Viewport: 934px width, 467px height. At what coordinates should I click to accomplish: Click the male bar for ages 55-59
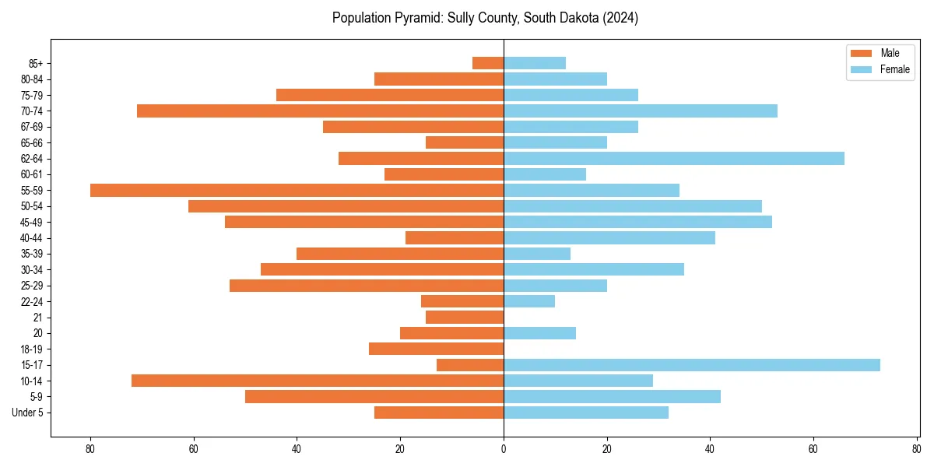point(297,190)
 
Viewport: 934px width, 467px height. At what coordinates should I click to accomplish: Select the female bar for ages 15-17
point(692,365)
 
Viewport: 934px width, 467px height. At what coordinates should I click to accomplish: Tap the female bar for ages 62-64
point(674,159)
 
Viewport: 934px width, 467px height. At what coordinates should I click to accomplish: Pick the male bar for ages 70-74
point(320,111)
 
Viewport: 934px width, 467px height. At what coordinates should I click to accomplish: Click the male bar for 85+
point(488,63)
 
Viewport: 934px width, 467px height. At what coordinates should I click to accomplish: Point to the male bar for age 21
point(465,317)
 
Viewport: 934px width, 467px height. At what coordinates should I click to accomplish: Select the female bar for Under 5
point(586,413)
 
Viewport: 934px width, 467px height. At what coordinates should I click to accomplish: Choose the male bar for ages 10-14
point(318,381)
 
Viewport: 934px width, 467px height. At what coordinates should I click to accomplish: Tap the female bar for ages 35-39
point(537,254)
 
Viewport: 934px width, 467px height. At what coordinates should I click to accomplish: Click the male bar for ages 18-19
point(436,349)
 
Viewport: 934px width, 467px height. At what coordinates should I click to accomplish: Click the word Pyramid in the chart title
point(420,18)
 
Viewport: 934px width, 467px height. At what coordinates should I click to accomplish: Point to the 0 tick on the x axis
point(504,449)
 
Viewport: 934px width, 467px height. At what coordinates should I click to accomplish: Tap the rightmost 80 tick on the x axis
point(916,449)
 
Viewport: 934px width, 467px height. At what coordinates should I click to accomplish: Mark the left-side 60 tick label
point(194,449)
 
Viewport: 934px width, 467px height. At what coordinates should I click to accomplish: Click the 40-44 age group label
point(31,238)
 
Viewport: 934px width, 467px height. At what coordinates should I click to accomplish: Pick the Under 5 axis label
point(27,413)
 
